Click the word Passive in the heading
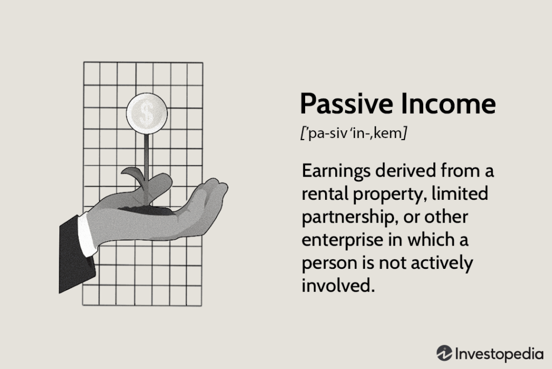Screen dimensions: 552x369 point(347,103)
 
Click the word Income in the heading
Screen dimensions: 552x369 point(448,103)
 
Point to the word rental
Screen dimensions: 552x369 point(324,193)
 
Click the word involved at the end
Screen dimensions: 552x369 point(337,285)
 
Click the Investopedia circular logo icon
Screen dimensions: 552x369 point(444,353)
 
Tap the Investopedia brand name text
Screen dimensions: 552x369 point(499,354)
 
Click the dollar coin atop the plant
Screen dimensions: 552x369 point(147,113)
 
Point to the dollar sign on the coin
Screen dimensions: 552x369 point(147,113)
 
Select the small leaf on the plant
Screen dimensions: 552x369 point(133,173)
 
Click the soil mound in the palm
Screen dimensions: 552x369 point(145,210)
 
